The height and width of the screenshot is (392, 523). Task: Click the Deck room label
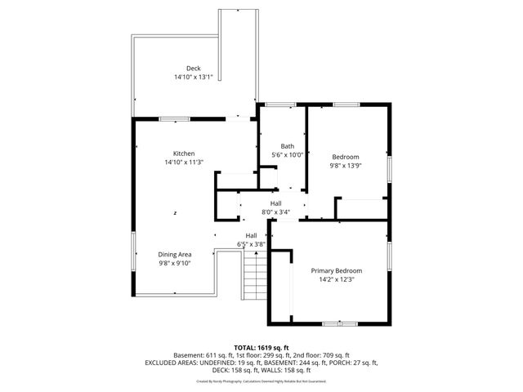pyautogui.click(x=193, y=69)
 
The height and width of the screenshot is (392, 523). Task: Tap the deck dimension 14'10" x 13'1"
pyautogui.click(x=193, y=78)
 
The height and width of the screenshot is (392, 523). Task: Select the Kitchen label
pyautogui.click(x=183, y=154)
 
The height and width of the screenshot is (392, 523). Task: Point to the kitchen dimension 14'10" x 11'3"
pyautogui.click(x=183, y=163)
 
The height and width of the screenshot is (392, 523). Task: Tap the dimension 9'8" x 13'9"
pyautogui.click(x=345, y=166)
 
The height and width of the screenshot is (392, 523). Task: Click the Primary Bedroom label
pyautogui.click(x=336, y=270)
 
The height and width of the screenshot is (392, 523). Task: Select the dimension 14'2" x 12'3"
pyautogui.click(x=336, y=279)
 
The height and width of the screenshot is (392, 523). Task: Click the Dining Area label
pyautogui.click(x=174, y=254)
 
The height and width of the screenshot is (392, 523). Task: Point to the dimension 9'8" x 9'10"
pyautogui.click(x=174, y=263)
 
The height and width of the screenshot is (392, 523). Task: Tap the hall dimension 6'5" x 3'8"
pyautogui.click(x=251, y=243)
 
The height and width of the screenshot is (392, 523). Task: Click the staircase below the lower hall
pyautogui.click(x=254, y=278)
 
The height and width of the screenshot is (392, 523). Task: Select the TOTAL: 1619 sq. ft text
pyautogui.click(x=261, y=347)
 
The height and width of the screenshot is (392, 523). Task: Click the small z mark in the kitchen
pyautogui.click(x=175, y=212)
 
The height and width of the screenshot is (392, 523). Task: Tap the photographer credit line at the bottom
pyautogui.click(x=261, y=381)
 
